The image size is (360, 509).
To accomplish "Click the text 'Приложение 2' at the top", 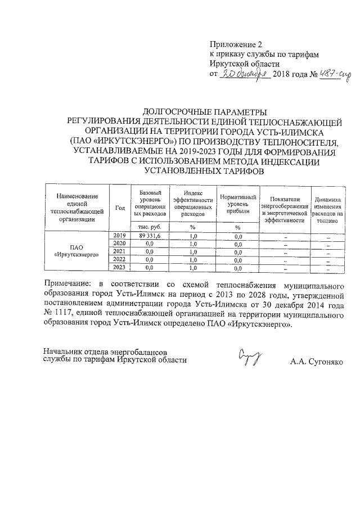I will pyautogui.click(x=236, y=44).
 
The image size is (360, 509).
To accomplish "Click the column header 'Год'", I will pyautogui.click(x=120, y=208).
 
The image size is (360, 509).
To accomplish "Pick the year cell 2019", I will pyautogui.click(x=120, y=235).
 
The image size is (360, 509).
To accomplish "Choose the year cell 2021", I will pyautogui.click(x=120, y=251).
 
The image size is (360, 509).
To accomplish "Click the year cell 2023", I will pyautogui.click(x=120, y=267).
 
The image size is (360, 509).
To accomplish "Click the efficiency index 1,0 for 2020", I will pyautogui.click(x=193, y=244).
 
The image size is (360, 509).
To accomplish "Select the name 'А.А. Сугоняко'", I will pyautogui.click(x=317, y=362).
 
